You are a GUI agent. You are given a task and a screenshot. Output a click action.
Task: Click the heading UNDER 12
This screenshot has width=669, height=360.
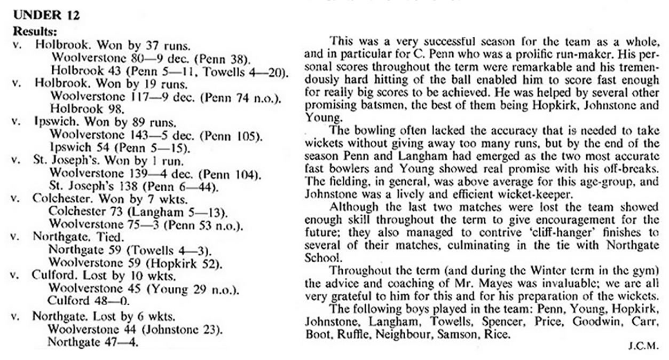(x=46, y=15)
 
